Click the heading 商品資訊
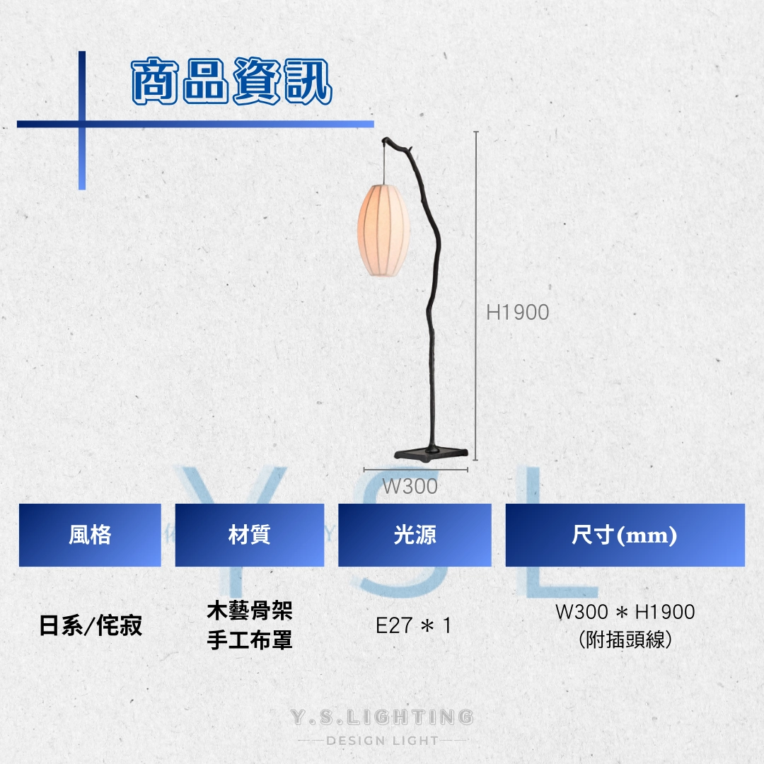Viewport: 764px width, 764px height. click(x=232, y=81)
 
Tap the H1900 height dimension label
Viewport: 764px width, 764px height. click(x=517, y=313)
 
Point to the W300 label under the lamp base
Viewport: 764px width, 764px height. click(x=410, y=486)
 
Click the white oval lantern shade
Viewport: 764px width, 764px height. click(x=383, y=230)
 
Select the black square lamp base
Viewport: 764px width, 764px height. click(x=432, y=455)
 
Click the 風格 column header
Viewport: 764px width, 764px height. click(x=90, y=535)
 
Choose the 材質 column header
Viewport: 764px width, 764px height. click(x=250, y=535)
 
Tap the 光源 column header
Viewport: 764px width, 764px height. click(x=415, y=535)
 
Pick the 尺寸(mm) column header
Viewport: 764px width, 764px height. click(x=625, y=535)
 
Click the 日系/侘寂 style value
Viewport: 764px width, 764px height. click(x=91, y=625)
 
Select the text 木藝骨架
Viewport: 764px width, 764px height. click(x=250, y=611)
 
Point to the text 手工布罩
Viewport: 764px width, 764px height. click(x=250, y=640)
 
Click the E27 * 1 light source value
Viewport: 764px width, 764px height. click(x=414, y=625)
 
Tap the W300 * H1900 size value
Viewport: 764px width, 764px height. click(x=625, y=612)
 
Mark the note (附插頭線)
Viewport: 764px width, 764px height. click(x=625, y=639)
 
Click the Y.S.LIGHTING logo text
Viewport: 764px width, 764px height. click(x=382, y=717)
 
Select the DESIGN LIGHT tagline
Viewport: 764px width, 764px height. click(x=383, y=741)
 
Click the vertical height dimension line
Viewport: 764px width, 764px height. click(x=476, y=296)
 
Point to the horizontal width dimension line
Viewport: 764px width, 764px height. click(x=416, y=470)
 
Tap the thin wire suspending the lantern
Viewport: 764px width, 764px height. click(x=384, y=163)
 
